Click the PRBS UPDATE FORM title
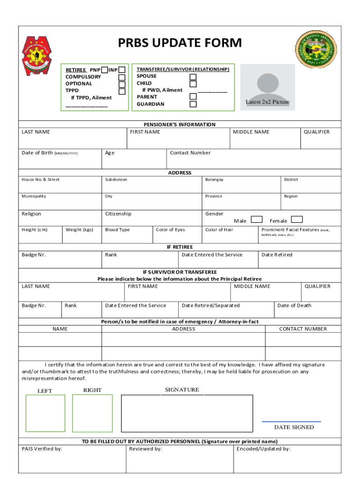click(180, 43)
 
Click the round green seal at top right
click(316, 51)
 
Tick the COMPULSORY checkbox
click(122, 77)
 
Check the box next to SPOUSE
click(193, 77)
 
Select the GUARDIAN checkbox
click(193, 104)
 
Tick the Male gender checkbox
click(256, 219)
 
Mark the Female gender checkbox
click(297, 219)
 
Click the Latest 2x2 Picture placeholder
click(267, 87)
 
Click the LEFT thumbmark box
click(45, 413)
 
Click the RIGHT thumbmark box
click(92, 413)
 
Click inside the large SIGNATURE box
click(187, 414)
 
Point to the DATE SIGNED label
click(294, 427)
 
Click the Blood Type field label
click(117, 230)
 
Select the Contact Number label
click(190, 153)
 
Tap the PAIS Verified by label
click(42, 449)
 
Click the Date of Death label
click(294, 305)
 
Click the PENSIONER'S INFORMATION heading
click(180, 124)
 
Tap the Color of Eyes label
click(170, 230)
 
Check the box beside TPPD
click(122, 91)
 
